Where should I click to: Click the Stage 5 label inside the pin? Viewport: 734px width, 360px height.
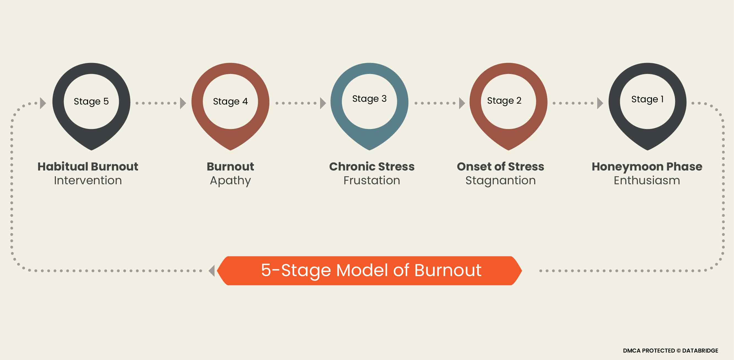click(x=91, y=101)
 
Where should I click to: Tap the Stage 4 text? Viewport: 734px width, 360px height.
click(x=230, y=101)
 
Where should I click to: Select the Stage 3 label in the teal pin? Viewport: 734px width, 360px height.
click(x=369, y=99)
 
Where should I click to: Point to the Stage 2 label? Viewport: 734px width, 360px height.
click(x=504, y=101)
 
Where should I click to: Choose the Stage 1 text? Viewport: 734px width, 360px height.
click(x=647, y=99)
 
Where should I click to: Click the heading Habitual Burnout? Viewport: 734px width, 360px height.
click(x=88, y=167)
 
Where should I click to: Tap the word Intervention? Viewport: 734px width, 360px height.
click(x=88, y=181)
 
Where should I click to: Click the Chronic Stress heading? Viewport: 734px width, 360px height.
click(x=372, y=167)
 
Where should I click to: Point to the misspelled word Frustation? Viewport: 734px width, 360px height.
click(x=372, y=181)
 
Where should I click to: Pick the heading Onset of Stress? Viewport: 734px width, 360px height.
click(x=500, y=167)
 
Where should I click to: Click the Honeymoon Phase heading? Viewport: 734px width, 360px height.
click(x=647, y=167)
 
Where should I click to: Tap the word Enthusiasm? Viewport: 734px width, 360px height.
click(x=647, y=181)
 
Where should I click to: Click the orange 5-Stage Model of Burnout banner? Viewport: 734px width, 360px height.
click(x=369, y=271)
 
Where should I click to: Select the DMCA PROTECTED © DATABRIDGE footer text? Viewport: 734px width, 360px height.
click(x=670, y=351)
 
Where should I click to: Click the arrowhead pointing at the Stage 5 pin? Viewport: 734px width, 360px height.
click(x=43, y=103)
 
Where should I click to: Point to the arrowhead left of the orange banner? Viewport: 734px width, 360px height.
click(x=212, y=271)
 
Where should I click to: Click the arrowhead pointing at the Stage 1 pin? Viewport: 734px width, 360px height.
click(x=600, y=103)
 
